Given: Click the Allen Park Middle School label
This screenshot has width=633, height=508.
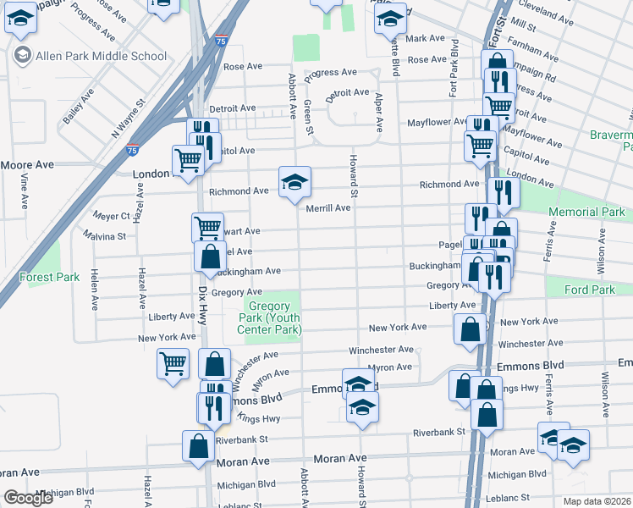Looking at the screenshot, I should point(101,56).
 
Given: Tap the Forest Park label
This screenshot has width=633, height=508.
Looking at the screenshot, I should point(49,277).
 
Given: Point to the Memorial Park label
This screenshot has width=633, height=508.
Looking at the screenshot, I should point(586,212).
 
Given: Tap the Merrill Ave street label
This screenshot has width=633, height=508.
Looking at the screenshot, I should point(328,207).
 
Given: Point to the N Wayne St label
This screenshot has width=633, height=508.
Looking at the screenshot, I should point(129,119).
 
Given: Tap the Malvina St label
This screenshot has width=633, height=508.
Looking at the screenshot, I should point(104,236).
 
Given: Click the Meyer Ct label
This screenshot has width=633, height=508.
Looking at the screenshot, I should point(112,216).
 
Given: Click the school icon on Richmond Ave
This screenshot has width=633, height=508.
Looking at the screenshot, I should point(295,181).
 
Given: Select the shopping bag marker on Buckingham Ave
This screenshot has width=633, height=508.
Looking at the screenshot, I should point(210,257).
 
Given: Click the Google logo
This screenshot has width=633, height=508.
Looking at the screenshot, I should point(28,498).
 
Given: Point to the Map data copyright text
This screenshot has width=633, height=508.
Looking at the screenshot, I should point(597,501).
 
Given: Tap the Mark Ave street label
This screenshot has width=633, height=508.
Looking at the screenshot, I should point(425,38).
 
